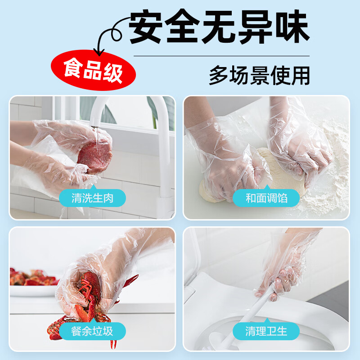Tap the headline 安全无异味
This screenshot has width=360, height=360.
pos(219,28)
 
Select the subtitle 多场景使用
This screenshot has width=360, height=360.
pos(259,75)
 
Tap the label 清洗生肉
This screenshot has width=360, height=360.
pos(92,198)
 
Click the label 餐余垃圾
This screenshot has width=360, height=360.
pos(92,332)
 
